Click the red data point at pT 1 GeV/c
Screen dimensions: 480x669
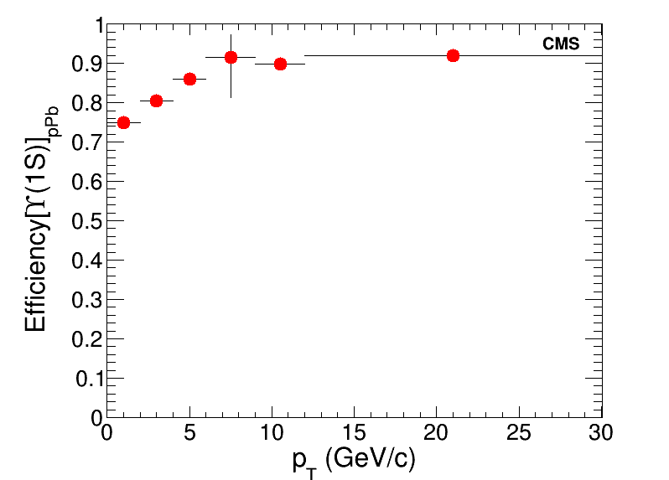coord(123,122)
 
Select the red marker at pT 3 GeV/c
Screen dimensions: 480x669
coord(156,101)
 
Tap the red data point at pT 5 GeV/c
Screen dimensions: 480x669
coord(189,79)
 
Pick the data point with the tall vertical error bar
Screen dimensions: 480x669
coord(231,57)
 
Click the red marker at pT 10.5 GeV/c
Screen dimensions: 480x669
coord(280,64)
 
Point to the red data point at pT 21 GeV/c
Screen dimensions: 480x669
coord(453,55)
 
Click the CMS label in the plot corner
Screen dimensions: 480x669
coord(561,44)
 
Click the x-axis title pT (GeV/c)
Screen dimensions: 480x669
coord(355,459)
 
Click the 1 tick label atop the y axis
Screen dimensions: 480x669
coord(96,25)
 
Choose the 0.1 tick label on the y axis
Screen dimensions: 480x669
coord(88,379)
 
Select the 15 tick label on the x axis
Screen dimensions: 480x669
coord(354,432)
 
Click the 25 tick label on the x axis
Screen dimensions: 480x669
coord(519,432)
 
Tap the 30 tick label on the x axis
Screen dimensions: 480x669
coord(601,432)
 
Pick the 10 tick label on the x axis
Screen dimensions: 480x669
coord(272,432)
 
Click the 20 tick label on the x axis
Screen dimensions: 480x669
coord(436,432)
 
